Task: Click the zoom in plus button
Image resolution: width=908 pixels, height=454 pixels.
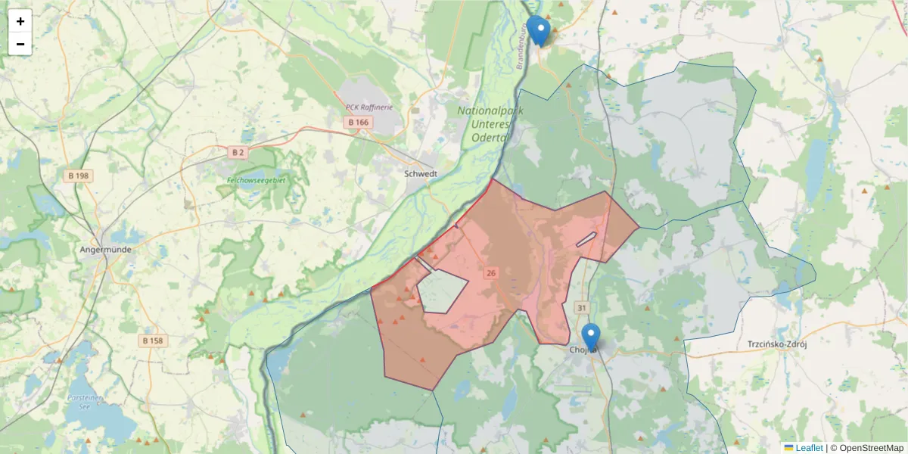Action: [x=20, y=21]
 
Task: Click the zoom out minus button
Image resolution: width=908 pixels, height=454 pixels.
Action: [x=20, y=44]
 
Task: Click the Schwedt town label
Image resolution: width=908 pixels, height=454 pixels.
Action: [x=421, y=173]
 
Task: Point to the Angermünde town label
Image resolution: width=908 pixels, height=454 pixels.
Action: [x=106, y=249]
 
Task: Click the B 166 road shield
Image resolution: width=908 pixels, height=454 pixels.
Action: [x=357, y=122]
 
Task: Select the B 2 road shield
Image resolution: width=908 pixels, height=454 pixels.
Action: [x=238, y=152]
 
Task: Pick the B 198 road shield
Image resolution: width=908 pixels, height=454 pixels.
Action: [x=78, y=176]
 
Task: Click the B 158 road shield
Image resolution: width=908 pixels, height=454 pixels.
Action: [x=153, y=340]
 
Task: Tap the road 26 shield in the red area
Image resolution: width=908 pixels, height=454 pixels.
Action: [x=491, y=273]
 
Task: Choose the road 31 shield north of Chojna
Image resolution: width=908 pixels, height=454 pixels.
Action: [x=581, y=308]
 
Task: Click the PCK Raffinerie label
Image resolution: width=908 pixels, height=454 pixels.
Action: [x=368, y=107]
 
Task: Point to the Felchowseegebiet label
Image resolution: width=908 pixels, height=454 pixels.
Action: [x=257, y=180]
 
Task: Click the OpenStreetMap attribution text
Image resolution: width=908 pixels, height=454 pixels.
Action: [x=866, y=448]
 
